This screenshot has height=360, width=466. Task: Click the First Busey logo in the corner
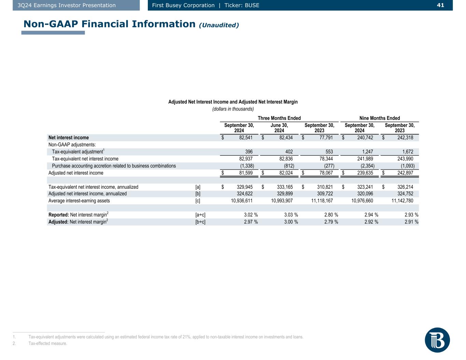(437, 340)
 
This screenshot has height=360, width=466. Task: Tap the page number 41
(440, 5)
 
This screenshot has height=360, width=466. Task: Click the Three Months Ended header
(279, 118)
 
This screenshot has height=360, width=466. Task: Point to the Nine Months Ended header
(380, 118)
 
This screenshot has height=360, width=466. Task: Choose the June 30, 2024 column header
(279, 128)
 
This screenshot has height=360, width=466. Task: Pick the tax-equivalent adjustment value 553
(329, 152)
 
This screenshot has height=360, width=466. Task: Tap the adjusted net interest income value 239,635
(363, 173)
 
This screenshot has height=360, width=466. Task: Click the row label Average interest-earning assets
(79, 201)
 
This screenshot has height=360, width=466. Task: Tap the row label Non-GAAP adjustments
(72, 145)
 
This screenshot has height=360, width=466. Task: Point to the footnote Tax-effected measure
(48, 344)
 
